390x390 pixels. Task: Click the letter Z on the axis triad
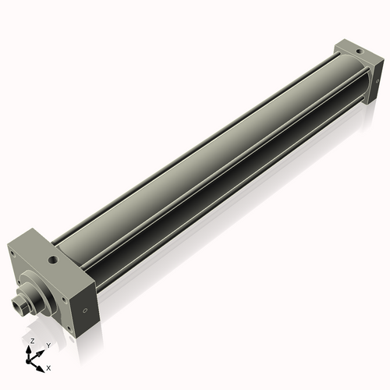pyautogui.click(x=31, y=342)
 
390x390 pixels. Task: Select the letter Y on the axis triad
pyautogui.click(x=48, y=345)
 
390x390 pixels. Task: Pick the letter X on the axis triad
pyautogui.click(x=48, y=367)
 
